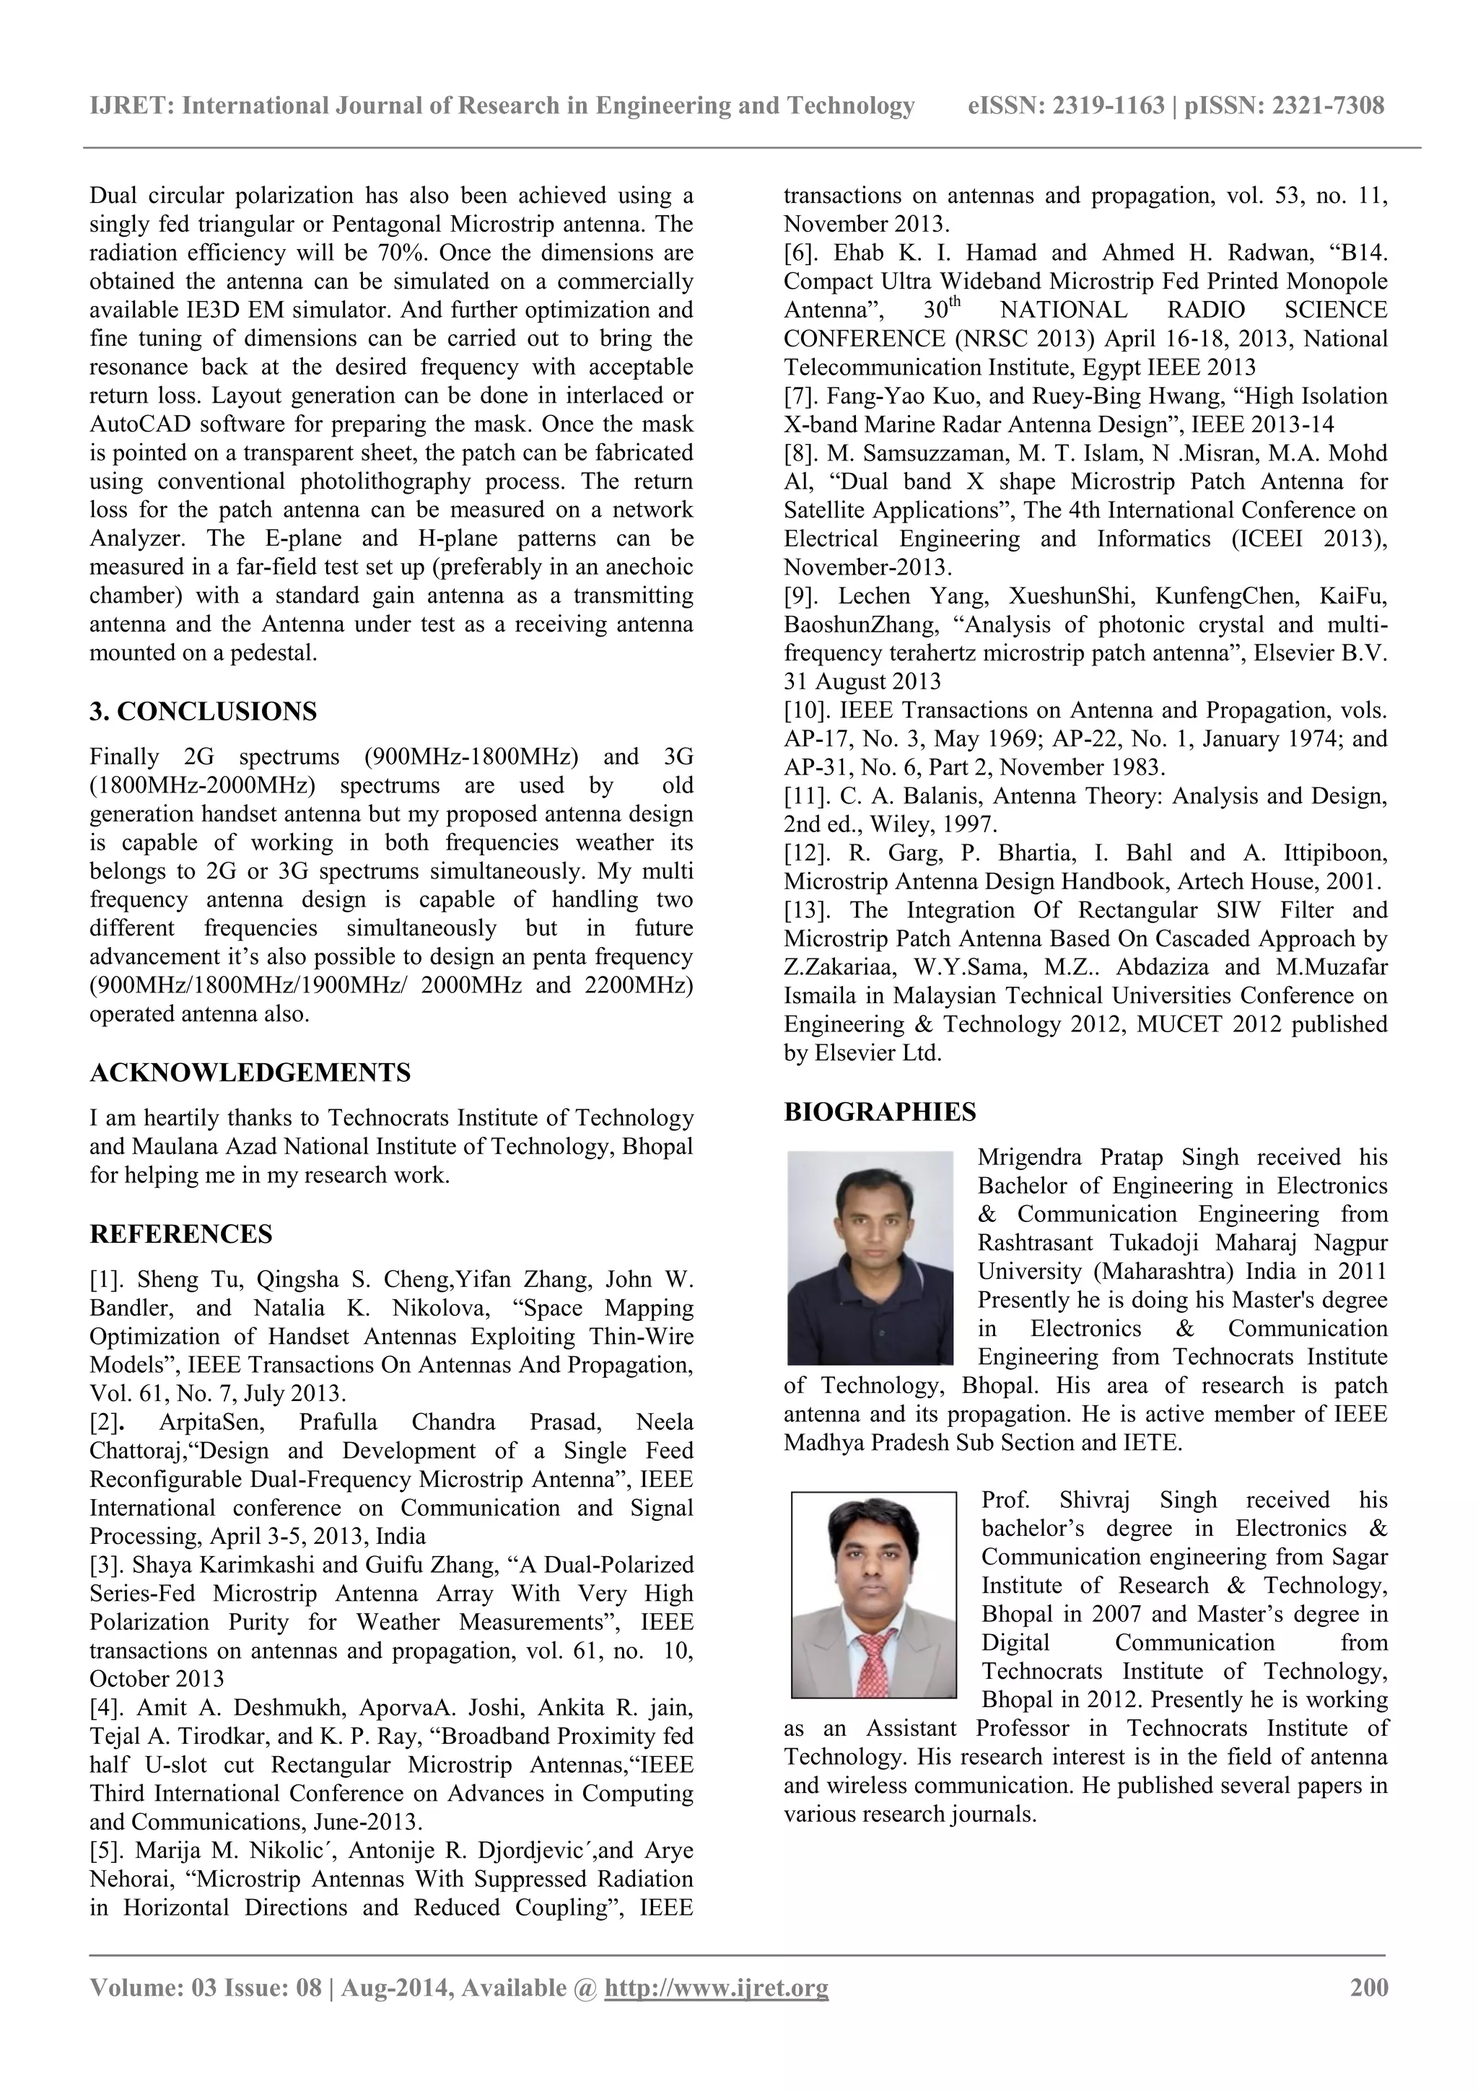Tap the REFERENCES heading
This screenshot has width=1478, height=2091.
(180, 1234)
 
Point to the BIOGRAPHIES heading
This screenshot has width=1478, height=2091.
(879, 1112)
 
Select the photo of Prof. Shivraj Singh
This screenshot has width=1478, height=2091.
(873, 1594)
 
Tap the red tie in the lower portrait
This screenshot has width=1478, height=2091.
(876, 1659)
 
